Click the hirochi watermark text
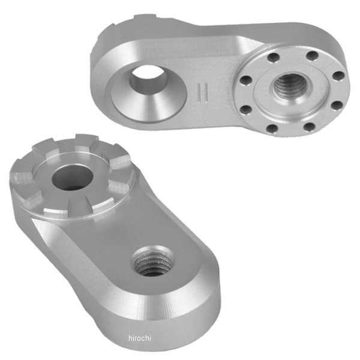(x=140, y=338)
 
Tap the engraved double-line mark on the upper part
(x=203, y=92)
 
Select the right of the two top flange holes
(x=312, y=55)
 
